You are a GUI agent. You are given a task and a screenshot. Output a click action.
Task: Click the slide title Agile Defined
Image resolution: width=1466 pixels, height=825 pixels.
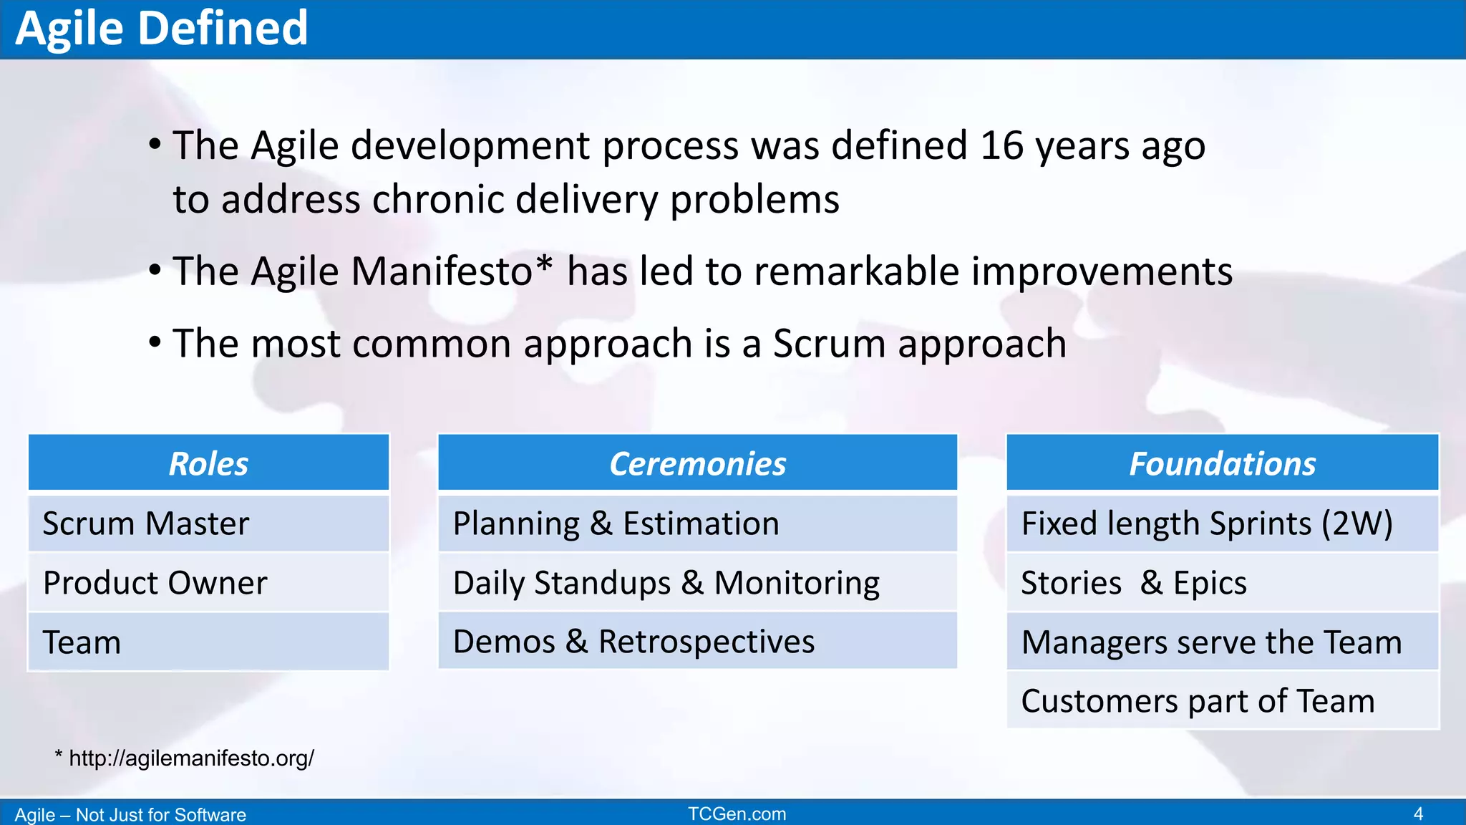point(161,29)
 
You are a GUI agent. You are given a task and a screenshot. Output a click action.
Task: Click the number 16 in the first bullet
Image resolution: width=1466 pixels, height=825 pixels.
point(1002,146)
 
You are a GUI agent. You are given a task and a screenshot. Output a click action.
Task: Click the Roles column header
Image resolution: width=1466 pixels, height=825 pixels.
point(208,463)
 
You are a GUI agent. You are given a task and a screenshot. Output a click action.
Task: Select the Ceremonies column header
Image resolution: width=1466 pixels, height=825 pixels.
point(697,463)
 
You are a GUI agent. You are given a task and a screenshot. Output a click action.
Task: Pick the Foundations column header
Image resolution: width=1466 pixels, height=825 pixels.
point(1222,463)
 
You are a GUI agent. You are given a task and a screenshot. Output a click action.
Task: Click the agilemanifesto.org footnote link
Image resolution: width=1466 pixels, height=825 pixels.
point(190,758)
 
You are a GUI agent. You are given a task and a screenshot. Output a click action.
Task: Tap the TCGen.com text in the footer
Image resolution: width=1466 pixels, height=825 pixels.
point(737,814)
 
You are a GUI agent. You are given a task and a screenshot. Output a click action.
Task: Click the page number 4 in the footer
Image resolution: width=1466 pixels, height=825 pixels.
point(1418,814)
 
